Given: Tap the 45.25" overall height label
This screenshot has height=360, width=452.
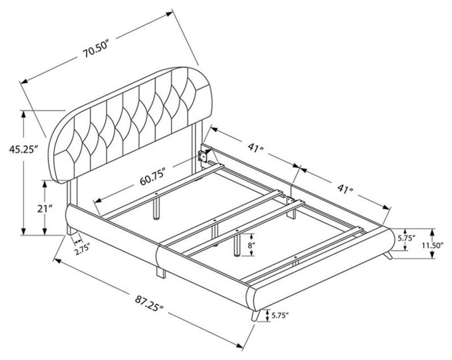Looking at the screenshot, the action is coord(24,149).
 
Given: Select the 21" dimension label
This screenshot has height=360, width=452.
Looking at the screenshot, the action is coord(44,209).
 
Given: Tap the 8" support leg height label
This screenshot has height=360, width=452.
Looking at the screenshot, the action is coord(252,245).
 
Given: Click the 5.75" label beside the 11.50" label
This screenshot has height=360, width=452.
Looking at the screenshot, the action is coord(406,238).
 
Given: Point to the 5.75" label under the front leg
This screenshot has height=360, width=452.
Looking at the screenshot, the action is coord(279,316).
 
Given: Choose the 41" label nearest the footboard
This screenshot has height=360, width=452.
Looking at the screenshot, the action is coord(345,189).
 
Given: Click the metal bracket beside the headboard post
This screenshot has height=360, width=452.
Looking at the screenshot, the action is coord(202,156).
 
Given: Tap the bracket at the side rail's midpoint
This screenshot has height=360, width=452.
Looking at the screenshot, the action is coord(290,201).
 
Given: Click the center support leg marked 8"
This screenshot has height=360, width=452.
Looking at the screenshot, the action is coord(237,245).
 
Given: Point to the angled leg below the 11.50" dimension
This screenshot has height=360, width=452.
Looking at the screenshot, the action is coord(389,254).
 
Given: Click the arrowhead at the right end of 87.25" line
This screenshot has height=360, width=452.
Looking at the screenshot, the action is coord(240,345).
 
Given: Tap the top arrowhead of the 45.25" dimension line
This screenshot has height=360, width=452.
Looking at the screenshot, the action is coord(24,114).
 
